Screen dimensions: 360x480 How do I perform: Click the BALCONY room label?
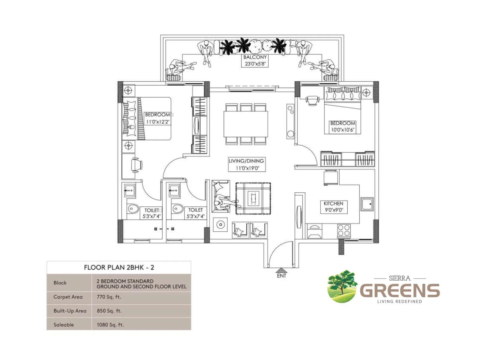(255, 57)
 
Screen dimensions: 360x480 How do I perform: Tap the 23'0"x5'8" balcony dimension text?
(255, 64)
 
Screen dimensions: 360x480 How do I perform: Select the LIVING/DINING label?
(246, 161)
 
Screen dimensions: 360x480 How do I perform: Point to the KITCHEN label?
(333, 203)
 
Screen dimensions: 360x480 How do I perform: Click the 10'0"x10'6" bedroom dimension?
(342, 130)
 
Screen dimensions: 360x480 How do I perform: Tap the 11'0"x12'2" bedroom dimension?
(158, 122)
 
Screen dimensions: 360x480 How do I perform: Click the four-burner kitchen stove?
(344, 230)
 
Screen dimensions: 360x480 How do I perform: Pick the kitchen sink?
(367, 204)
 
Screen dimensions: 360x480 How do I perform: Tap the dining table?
(246, 124)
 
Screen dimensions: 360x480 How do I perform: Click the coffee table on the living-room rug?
(253, 199)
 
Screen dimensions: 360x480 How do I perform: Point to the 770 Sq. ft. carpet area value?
(109, 297)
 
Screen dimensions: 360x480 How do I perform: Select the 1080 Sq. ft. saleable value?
(110, 325)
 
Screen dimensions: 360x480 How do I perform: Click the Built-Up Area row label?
(70, 311)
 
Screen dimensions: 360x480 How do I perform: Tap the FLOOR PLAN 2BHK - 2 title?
(119, 268)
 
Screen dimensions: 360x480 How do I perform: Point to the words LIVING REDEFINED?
(399, 301)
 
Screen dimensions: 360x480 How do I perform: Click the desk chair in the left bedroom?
(136, 165)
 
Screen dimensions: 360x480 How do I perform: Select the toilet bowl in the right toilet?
(178, 208)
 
